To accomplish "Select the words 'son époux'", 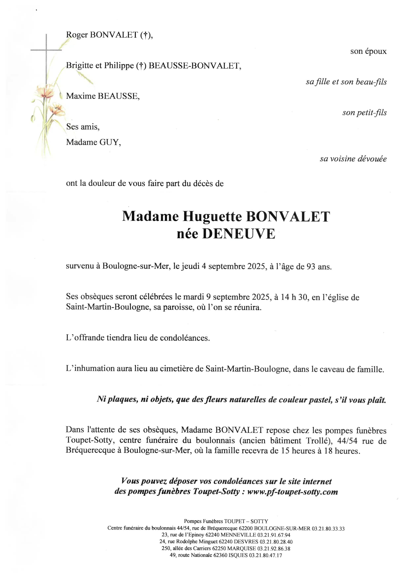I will [368, 52].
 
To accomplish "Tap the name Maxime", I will [81, 96].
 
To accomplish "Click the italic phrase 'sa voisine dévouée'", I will [353, 159].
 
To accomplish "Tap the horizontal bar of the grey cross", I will [46, 50].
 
